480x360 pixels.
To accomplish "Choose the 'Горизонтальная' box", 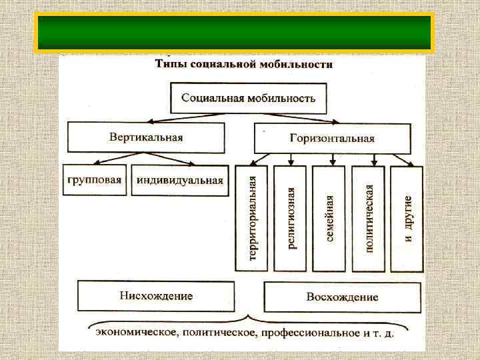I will [332, 138].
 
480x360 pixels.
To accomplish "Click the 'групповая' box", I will [95, 179].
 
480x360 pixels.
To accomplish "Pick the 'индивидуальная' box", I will [179, 180].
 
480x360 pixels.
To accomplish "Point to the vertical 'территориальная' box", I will [251, 219].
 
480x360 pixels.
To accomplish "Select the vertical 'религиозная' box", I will [291, 219].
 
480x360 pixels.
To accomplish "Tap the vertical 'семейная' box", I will [329, 219].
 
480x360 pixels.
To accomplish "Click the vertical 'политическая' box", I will [369, 219].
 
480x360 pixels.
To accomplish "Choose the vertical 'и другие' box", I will [407, 219].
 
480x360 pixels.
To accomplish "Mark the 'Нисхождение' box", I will [156, 296].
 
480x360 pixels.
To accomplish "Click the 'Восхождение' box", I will [342, 297].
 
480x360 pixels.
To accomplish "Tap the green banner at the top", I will [234, 33].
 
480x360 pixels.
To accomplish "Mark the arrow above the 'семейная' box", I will [331, 159].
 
